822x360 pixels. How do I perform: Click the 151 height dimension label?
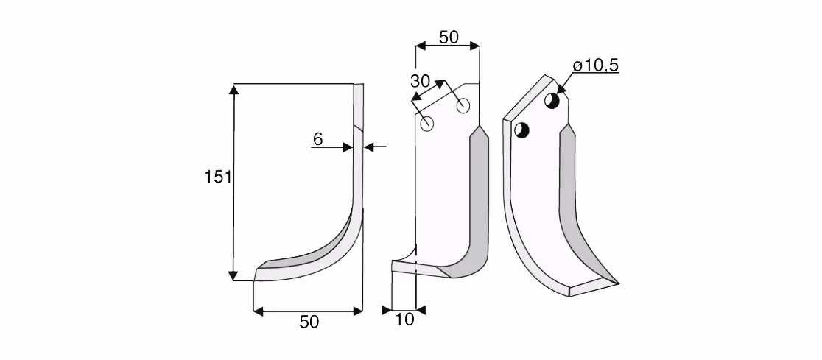coord(217,177)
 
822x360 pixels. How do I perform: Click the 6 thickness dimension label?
coord(317,139)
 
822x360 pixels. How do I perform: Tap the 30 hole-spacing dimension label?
coord(420,81)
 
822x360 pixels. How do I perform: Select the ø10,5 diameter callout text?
coord(596,66)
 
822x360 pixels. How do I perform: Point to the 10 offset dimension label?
coord(404,320)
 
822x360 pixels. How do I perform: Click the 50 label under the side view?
coord(309,322)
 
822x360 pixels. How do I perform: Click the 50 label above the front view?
coord(449,38)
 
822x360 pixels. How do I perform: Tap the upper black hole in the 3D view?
coord(552,101)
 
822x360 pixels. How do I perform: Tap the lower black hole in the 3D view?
coord(522,130)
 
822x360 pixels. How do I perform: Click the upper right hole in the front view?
coord(463,106)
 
